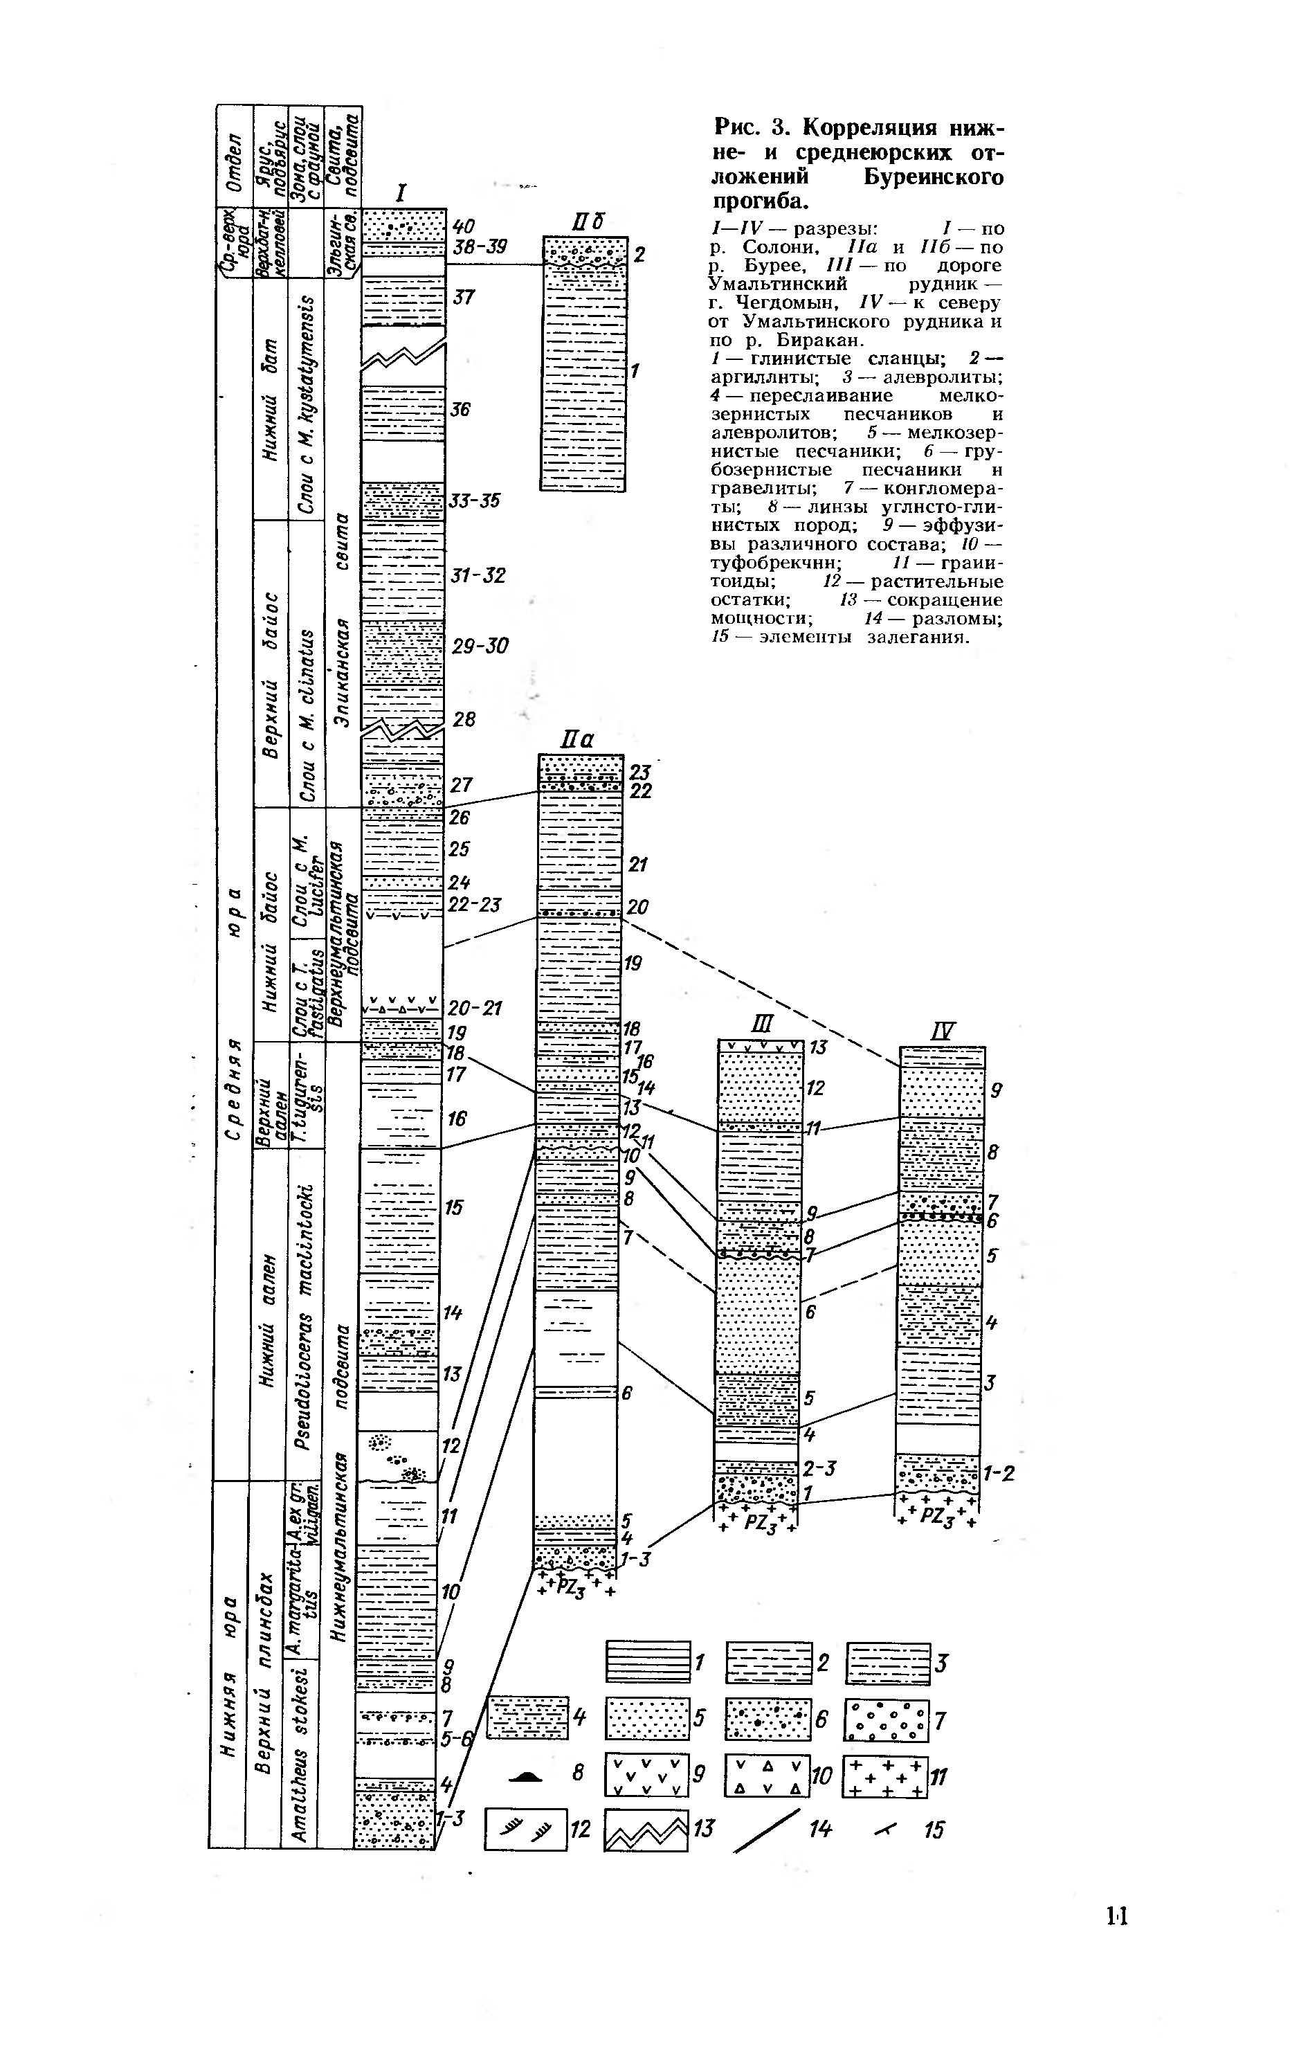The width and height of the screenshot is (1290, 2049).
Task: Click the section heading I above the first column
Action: click(400, 193)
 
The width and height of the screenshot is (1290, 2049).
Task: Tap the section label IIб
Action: click(586, 224)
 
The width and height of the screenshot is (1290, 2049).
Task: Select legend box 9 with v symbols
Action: click(645, 1774)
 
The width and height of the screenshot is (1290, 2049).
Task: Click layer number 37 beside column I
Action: click(464, 297)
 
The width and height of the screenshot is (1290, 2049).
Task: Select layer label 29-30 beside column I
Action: click(479, 647)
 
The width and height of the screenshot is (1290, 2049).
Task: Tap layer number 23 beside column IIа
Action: click(640, 772)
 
